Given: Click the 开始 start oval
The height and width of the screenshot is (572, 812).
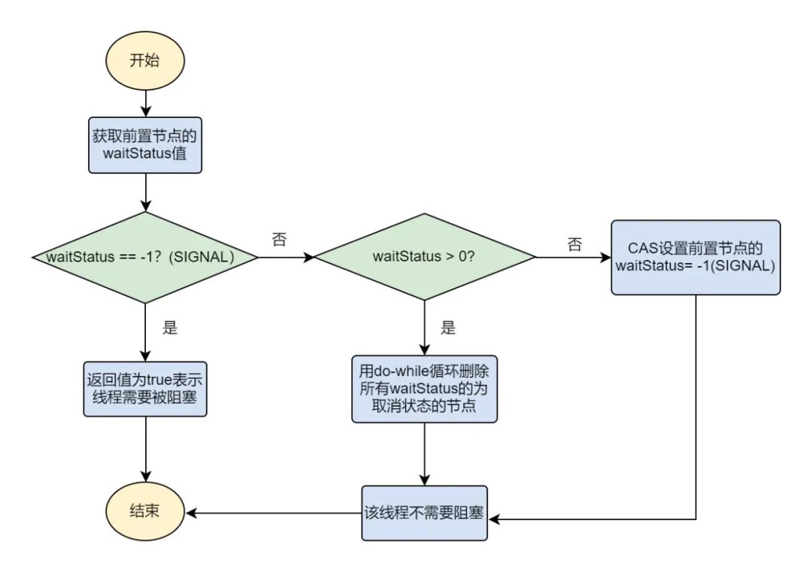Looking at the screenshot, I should pos(144,62).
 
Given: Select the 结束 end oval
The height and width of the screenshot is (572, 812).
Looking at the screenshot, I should pos(144,513).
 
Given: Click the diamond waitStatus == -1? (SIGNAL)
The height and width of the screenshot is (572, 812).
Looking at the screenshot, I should pos(144,257).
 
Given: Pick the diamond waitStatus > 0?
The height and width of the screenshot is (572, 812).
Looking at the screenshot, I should pos(425,257).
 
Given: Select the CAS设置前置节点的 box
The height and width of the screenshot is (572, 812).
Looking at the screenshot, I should pos(695,257).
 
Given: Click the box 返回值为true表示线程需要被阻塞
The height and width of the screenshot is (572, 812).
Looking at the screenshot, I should pos(144,389).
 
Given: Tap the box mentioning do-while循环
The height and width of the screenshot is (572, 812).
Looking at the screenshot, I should pos(425,389).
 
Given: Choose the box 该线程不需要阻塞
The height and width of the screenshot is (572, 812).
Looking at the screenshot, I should pos(425,513).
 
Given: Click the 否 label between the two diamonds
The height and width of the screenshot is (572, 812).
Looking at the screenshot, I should pos(279,240).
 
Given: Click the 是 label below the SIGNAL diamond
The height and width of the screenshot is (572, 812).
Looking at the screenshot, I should pos(170,328).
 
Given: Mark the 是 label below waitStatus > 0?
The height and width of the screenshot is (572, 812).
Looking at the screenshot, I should pos(448,328).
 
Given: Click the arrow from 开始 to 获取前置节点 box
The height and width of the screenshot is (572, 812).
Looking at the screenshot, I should pos(144,102).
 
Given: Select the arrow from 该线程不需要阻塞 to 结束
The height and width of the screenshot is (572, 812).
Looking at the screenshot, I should pos(274,513).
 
